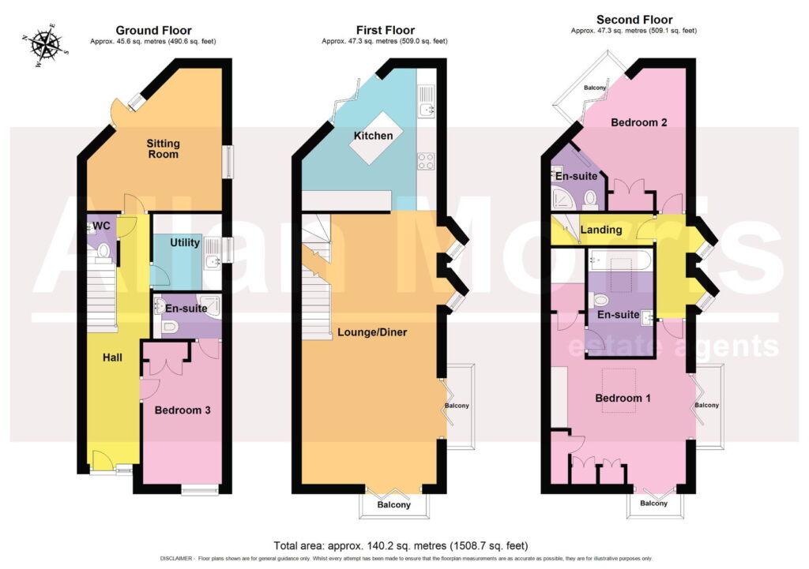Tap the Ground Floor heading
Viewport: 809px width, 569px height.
pyautogui.click(x=153, y=31)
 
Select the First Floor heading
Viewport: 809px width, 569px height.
pyautogui.click(x=385, y=31)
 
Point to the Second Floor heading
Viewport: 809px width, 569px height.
pyautogui.click(x=634, y=20)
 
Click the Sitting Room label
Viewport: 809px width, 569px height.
pyautogui.click(x=163, y=148)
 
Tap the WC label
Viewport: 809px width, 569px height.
pyautogui.click(x=102, y=226)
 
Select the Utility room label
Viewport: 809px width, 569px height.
pyautogui.click(x=185, y=242)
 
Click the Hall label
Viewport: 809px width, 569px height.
pyautogui.click(x=112, y=357)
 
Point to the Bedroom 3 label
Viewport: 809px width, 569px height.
pyautogui.click(x=182, y=410)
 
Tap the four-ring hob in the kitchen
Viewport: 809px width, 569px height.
pyautogui.click(x=426, y=161)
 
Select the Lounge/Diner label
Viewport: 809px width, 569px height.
pyautogui.click(x=372, y=332)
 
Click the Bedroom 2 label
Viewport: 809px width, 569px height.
pyautogui.click(x=638, y=122)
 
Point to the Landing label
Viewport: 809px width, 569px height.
pyautogui.click(x=601, y=230)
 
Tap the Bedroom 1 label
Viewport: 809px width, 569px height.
pyautogui.click(x=623, y=398)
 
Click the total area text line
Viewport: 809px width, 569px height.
pyautogui.click(x=401, y=545)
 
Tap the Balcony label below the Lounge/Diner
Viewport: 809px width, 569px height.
pyautogui.click(x=393, y=504)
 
